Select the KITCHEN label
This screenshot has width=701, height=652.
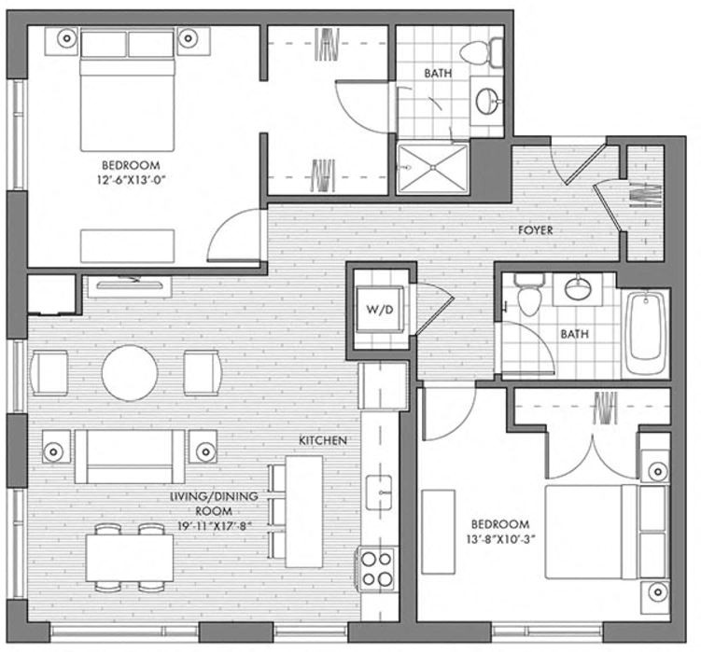coord(323,439)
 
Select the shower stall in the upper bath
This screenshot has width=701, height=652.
coord(433,169)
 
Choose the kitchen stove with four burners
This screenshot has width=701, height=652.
coord(376,568)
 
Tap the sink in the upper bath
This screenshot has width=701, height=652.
coord(486,100)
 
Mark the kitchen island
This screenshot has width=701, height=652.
coord(303,511)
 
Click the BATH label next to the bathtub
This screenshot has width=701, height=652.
coord(573,334)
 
